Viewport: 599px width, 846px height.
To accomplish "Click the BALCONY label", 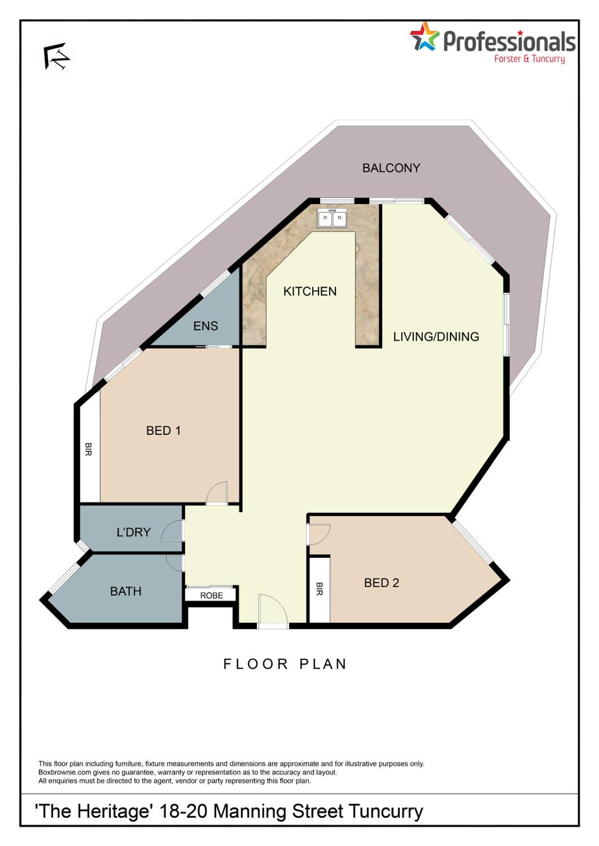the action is [391, 168].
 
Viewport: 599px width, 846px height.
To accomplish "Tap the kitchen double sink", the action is [332, 218].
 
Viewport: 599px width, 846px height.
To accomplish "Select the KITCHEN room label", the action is [310, 292].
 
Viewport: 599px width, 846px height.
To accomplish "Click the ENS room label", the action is [206, 326].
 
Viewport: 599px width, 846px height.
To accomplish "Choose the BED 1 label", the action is [163, 430].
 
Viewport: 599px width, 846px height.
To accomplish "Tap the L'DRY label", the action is [134, 532].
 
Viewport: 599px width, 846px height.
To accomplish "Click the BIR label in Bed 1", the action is [88, 450].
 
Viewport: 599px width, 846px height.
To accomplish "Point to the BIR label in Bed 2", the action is [320, 589].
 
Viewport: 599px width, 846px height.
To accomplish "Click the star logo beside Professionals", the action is [425, 36].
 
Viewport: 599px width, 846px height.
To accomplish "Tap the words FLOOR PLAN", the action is [285, 664].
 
